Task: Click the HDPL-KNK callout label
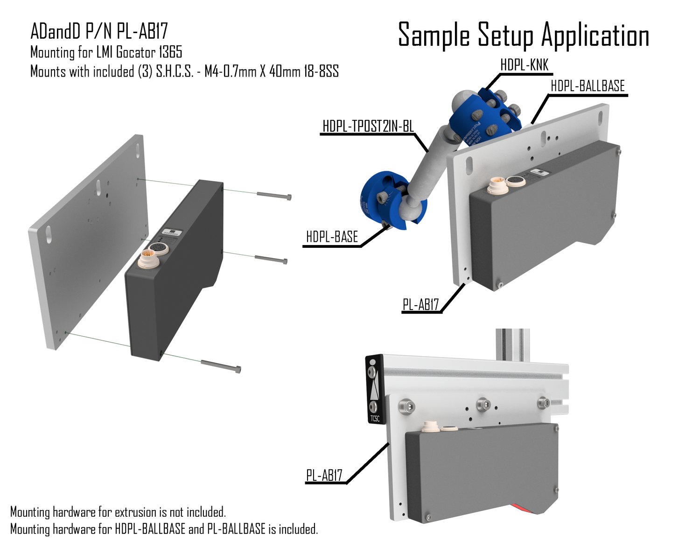(524, 65)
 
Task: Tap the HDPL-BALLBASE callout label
(588, 86)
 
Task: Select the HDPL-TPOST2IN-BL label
(368, 126)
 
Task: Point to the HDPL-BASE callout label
(332, 237)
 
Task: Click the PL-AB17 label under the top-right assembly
(421, 305)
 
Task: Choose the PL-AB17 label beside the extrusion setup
(324, 476)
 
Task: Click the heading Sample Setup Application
(523, 35)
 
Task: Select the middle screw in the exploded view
(271, 260)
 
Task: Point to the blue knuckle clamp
(485, 114)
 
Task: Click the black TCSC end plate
(374, 389)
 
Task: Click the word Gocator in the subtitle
(136, 52)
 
